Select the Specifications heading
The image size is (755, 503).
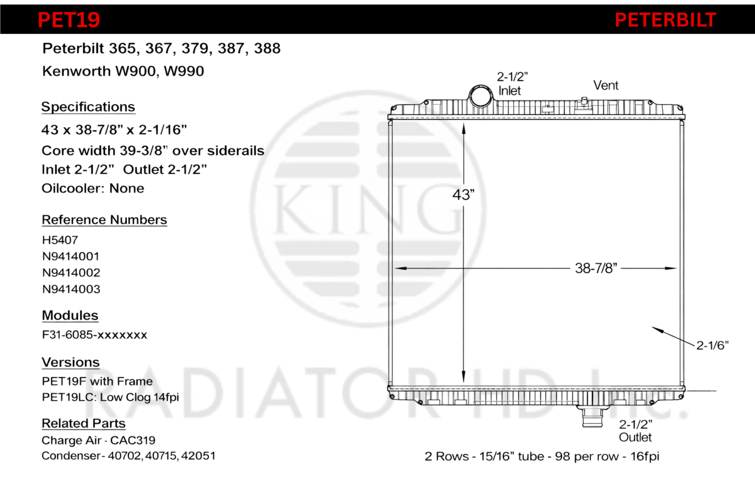(x=88, y=107)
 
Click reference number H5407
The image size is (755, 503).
(x=60, y=240)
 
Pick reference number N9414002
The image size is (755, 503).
(x=71, y=273)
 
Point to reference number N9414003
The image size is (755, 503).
(x=71, y=289)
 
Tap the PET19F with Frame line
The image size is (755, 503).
(x=97, y=381)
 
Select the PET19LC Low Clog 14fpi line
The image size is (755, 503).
(x=110, y=397)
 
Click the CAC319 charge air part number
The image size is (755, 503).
(x=133, y=440)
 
